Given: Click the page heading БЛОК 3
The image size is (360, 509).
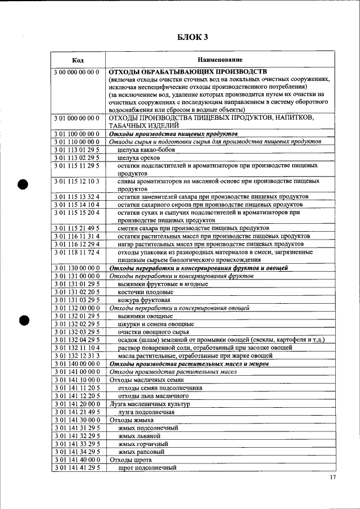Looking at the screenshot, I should pos(192,37).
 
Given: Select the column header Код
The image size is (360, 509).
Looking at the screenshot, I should pos(78,60).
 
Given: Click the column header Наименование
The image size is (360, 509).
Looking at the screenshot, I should pos(220,60).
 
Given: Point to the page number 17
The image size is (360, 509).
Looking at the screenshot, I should pos(332,478).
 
